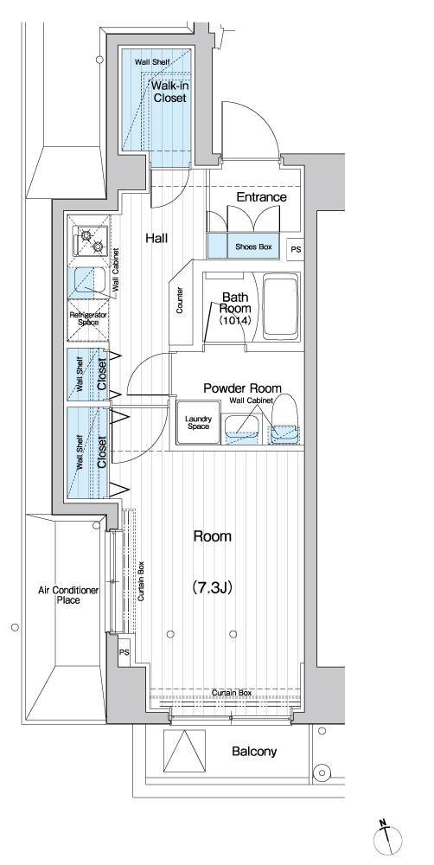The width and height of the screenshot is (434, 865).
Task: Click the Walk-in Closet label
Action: (x=169, y=93)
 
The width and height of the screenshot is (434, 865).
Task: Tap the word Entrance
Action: (x=261, y=197)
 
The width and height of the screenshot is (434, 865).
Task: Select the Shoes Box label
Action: (x=253, y=247)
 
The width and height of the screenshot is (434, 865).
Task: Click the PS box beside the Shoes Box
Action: (x=297, y=249)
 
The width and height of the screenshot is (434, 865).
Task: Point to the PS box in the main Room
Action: (x=124, y=652)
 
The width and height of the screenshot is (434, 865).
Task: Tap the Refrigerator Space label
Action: (x=87, y=318)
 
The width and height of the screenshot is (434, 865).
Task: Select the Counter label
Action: (x=180, y=301)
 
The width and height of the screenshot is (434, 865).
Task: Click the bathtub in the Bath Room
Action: (x=281, y=307)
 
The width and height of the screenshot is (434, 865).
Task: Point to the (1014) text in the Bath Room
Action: (x=235, y=320)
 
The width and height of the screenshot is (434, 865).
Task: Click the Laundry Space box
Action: (x=198, y=423)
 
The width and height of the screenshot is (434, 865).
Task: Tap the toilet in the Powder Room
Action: (x=284, y=418)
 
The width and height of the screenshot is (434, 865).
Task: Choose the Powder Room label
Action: (x=242, y=388)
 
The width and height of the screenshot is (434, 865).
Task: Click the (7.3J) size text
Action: (x=212, y=587)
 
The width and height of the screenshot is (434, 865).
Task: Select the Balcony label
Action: (x=254, y=751)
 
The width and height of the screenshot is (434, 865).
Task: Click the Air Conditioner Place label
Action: (x=67, y=595)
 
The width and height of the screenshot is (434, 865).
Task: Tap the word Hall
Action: (x=156, y=239)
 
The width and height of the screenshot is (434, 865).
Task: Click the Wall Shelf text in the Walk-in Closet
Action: (x=148, y=61)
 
